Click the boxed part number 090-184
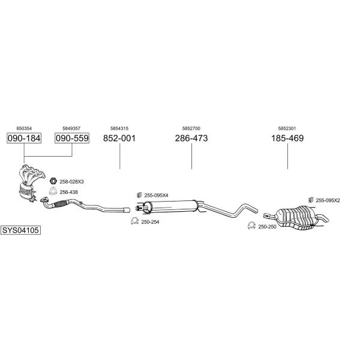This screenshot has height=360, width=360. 24,138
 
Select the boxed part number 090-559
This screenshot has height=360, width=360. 72,138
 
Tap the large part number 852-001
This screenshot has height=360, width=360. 119,138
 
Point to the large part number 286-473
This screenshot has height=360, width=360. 191,138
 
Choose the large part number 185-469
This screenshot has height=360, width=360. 287,138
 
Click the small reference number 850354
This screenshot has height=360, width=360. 24,128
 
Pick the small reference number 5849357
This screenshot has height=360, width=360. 71,128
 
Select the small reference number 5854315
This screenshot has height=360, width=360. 119,128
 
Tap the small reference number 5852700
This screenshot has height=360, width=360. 191,128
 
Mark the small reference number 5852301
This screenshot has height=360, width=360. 287,128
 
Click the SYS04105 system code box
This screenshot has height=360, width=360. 20,230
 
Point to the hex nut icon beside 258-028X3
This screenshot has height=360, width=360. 53,181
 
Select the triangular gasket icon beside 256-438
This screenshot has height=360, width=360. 53,191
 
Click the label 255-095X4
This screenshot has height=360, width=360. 156,196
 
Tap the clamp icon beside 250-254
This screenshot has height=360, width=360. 134,221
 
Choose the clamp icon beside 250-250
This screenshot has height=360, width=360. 251,226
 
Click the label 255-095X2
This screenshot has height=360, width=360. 328,200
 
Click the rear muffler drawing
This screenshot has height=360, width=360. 296,217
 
